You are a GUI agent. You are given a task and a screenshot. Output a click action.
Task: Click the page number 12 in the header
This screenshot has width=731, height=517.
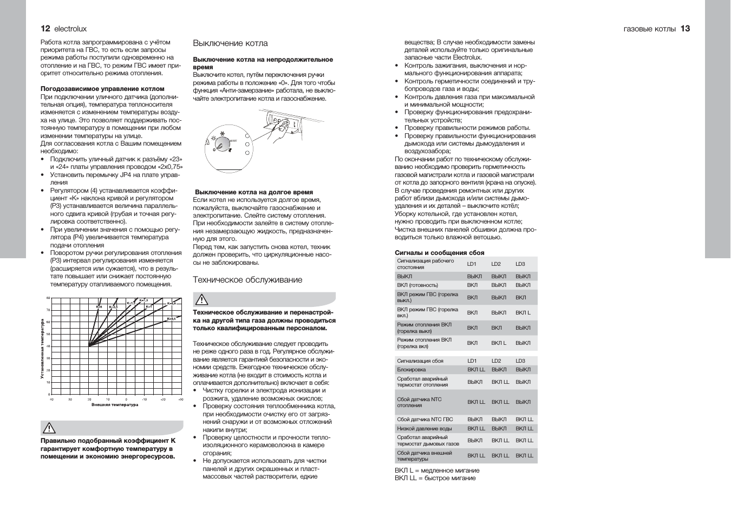[x=45, y=29]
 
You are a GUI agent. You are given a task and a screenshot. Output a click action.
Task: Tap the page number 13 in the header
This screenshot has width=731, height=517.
[x=685, y=29]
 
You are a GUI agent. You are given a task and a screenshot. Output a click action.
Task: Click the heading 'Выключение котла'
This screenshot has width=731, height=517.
[x=230, y=43]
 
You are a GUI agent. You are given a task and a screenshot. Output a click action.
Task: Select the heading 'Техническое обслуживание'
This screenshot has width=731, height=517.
[x=247, y=280]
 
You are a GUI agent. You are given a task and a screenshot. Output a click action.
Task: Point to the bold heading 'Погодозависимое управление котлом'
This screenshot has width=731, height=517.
[x=102, y=89]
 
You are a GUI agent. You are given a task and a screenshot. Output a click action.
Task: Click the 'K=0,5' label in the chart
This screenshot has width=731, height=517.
[x=171, y=319]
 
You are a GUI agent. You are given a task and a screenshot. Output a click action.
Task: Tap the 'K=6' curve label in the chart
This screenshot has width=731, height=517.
[x=99, y=307]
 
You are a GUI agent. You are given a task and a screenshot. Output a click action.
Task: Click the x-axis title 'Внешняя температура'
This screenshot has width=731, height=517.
[x=114, y=405]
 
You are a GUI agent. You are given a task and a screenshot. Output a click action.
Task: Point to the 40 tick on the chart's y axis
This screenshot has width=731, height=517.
[x=48, y=346]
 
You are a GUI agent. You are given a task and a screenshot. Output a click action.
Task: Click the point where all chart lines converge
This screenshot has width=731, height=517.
[x=89, y=346]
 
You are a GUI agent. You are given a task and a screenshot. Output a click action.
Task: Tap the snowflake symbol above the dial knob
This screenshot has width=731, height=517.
[x=221, y=132]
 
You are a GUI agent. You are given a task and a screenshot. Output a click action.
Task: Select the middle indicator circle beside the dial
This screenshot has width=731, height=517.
[x=247, y=145]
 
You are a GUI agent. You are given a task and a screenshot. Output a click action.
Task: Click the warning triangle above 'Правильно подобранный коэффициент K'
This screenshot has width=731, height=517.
[x=49, y=428]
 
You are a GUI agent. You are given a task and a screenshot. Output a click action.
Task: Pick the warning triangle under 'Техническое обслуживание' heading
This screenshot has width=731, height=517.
[x=201, y=300]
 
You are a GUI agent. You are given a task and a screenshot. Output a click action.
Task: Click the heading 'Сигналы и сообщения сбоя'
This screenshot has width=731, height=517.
[x=439, y=253]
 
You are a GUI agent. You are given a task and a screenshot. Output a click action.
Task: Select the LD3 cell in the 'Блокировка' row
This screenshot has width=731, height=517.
[x=523, y=370]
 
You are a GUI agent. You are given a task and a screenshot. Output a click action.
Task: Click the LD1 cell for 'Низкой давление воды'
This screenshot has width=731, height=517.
[x=476, y=429]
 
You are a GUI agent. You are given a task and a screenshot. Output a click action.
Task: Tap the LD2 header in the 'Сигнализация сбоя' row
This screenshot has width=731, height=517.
[x=496, y=361]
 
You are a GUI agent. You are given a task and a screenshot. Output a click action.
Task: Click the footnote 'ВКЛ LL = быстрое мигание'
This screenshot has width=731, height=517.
[x=435, y=478]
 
